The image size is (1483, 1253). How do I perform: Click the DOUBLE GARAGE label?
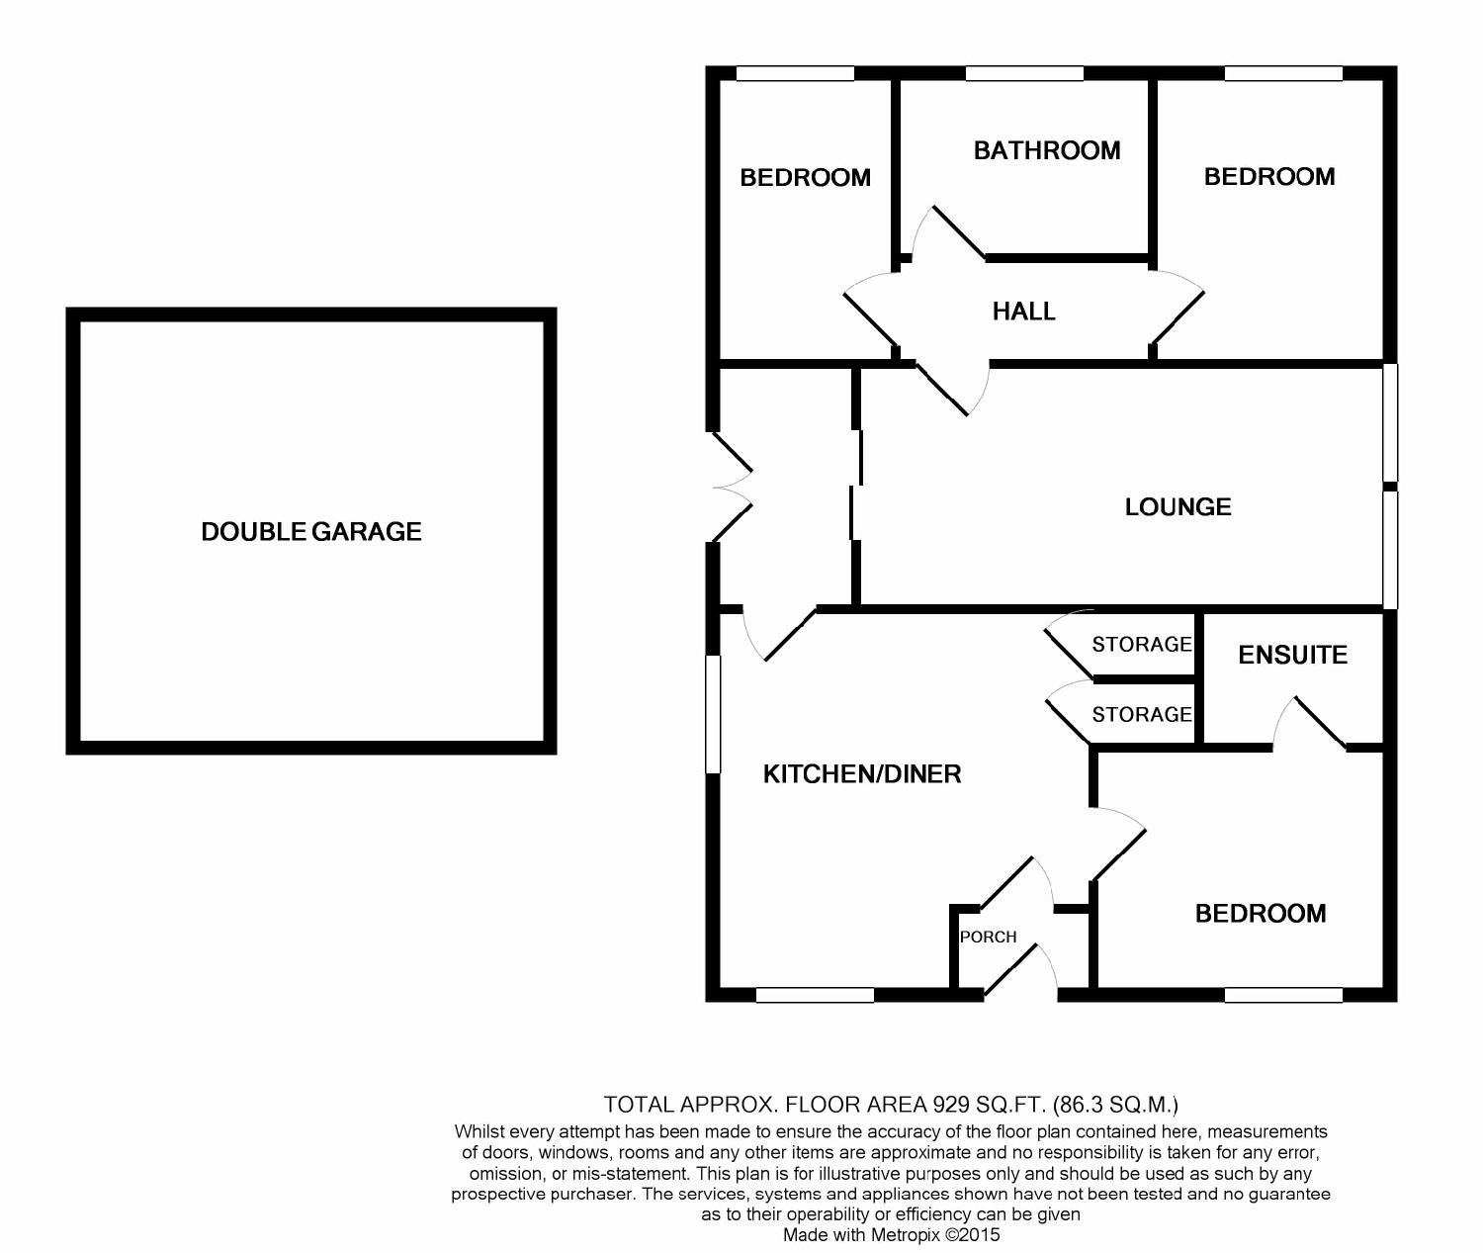coord(311,531)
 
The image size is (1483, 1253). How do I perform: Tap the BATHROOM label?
coord(1047,150)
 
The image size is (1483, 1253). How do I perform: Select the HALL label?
coord(1023,312)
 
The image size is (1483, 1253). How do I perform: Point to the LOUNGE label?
coord(1178,506)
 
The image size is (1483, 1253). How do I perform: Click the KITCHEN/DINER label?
coord(862,773)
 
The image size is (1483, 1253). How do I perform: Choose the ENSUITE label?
coord(1292,655)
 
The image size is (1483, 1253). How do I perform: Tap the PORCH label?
coord(988,937)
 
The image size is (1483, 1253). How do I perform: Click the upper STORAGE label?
coord(1142,644)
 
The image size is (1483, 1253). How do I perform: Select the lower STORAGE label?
coord(1142,714)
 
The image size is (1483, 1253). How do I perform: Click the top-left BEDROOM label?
coord(806,178)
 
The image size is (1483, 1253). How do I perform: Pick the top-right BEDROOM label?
coord(1269,176)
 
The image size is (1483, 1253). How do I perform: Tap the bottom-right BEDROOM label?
coord(1261,914)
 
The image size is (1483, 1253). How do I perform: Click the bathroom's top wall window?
coord(1024,73)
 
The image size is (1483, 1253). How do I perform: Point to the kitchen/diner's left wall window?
coord(713,714)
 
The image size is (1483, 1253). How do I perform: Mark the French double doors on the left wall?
coord(732,488)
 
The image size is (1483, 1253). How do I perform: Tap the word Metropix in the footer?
coord(905,1235)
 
